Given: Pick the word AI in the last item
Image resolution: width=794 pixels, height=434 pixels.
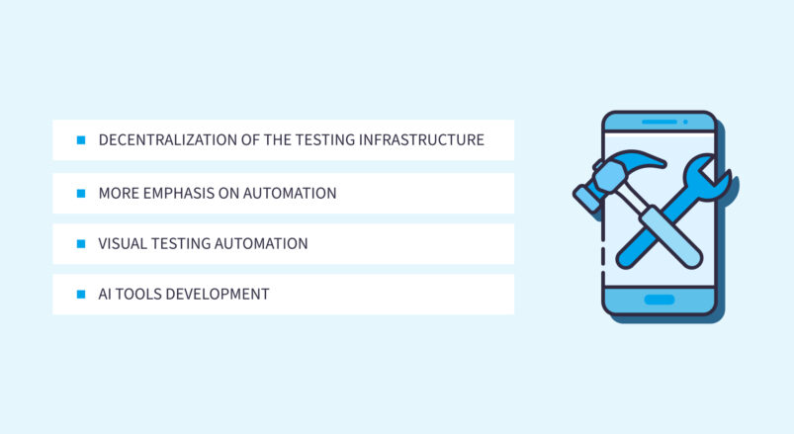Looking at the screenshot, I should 106,295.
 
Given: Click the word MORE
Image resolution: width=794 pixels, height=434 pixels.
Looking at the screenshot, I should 119,193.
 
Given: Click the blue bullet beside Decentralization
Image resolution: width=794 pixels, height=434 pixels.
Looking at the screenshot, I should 81,140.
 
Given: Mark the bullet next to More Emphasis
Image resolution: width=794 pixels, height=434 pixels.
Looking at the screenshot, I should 81,193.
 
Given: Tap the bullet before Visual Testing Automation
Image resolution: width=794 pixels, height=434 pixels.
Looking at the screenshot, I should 81,243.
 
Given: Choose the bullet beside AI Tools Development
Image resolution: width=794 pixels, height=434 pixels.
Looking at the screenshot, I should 81,295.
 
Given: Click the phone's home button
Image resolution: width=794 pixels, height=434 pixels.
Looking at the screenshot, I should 659,299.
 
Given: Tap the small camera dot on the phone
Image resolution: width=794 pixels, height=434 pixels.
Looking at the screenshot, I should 684,122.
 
